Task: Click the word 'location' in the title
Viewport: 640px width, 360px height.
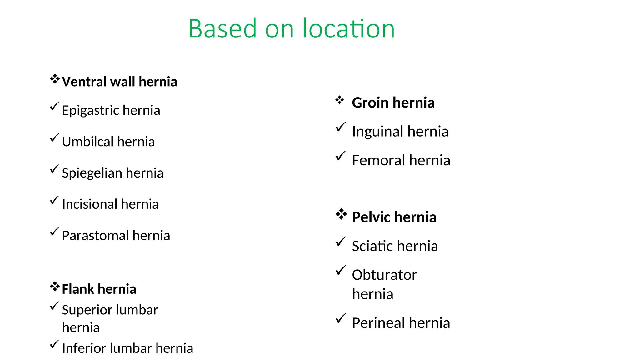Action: pyautogui.click(x=348, y=29)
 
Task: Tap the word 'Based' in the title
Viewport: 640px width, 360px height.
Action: pyautogui.click(x=222, y=29)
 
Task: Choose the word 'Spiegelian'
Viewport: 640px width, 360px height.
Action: pyautogui.click(x=92, y=173)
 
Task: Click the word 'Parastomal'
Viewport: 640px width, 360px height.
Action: pyautogui.click(x=95, y=236)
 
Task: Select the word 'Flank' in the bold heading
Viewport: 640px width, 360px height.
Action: pyautogui.click(x=78, y=289)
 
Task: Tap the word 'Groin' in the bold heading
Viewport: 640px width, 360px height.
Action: pyautogui.click(x=370, y=103)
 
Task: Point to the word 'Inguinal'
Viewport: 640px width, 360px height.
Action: pyautogui.click(x=377, y=132)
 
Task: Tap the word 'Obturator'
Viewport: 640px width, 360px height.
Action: pyautogui.click(x=384, y=275)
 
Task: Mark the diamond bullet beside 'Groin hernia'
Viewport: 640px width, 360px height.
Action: pyautogui.click(x=340, y=100)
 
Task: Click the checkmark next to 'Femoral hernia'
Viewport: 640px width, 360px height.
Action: pyautogui.click(x=341, y=156)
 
